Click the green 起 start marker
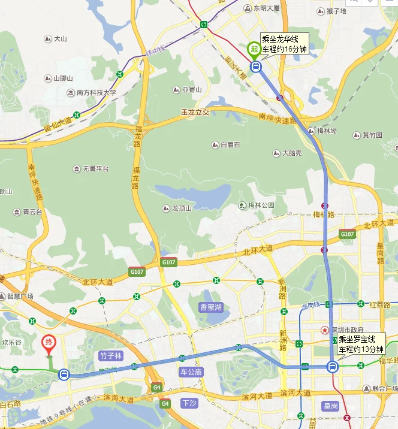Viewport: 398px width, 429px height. [x=255, y=49]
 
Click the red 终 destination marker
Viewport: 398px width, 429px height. [x=49, y=343]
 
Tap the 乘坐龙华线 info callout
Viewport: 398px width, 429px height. [x=284, y=43]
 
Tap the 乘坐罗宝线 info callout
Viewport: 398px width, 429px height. [x=360, y=344]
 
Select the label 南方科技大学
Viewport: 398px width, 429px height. [x=96, y=93]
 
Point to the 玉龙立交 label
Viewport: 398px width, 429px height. [x=195, y=112]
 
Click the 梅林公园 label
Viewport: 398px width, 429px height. [x=261, y=205]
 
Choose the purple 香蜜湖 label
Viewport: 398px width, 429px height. [x=210, y=307]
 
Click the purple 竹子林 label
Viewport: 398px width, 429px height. [x=111, y=356]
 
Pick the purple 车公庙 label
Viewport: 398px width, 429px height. [x=192, y=372]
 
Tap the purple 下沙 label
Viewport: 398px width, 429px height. [x=189, y=403]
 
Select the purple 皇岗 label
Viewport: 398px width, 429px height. [x=331, y=406]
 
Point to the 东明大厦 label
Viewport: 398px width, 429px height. [x=266, y=8]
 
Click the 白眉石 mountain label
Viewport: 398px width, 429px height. [x=230, y=145]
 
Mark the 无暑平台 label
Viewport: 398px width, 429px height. [x=95, y=169]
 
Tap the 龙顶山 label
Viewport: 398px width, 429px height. [x=181, y=208]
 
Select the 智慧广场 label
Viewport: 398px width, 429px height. [x=20, y=296]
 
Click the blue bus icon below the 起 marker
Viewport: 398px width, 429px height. [x=256, y=67]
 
